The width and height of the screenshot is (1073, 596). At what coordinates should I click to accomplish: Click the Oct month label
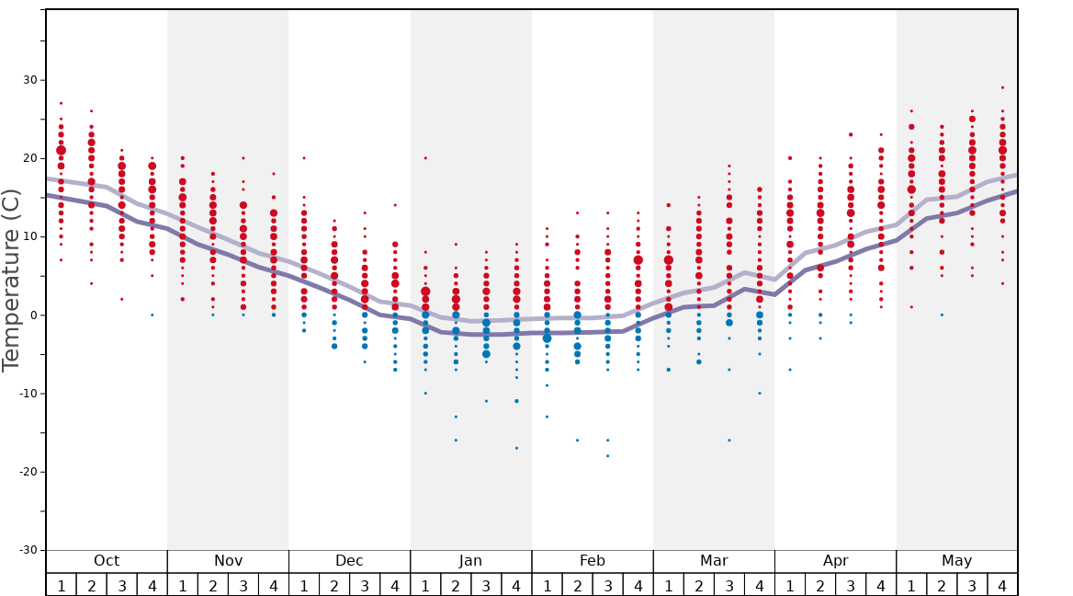pos(107,561)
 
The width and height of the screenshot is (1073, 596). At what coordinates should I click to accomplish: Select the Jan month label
pos(470,561)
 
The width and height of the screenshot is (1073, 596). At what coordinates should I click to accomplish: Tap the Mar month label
pos(714,561)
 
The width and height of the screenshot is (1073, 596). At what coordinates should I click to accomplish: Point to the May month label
pos(956,561)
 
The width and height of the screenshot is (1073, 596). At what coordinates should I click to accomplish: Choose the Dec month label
pos(349,561)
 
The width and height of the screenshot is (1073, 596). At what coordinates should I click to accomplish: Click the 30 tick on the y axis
pos(31,80)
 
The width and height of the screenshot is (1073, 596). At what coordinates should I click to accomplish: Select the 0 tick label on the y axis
pos(33,315)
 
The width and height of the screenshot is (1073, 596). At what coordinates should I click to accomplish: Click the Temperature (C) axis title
pos(11,280)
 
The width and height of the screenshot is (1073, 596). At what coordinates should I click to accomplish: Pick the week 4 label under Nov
pos(274,585)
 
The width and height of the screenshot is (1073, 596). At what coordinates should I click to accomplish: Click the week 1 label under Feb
pos(547,585)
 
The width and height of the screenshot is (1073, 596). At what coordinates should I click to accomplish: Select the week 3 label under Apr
pos(851,585)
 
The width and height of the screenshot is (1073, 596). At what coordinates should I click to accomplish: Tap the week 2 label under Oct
pos(92,585)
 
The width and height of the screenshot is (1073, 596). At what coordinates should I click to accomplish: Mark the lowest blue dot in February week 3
pos(607,456)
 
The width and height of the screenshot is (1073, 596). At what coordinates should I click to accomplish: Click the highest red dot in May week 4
pos(1002,88)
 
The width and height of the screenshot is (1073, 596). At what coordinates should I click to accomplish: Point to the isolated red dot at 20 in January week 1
pos(425,158)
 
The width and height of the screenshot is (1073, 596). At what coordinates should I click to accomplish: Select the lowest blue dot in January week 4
pos(516,448)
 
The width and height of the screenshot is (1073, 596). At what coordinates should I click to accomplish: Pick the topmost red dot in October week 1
pos(62,103)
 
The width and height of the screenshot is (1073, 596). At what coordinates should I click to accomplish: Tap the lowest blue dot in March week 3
pos(729,441)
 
